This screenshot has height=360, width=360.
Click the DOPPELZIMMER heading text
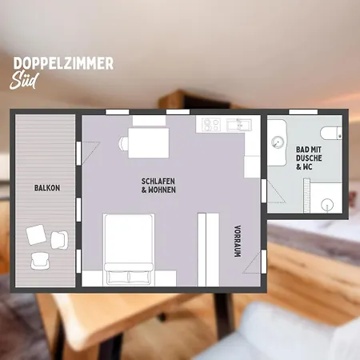[x=63, y=63]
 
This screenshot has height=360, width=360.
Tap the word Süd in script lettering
[x=24, y=80]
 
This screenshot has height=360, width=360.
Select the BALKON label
[x=47, y=188]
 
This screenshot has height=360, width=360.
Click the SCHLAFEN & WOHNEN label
[x=158, y=186]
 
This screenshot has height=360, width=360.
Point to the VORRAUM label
[x=238, y=242]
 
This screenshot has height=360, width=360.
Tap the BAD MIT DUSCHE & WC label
[x=309, y=158]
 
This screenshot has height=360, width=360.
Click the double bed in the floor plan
[x=129, y=250]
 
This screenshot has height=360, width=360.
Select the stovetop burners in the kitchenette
[x=211, y=125]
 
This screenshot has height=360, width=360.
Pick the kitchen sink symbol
[x=239, y=125]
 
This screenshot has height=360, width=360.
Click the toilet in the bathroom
[x=331, y=133]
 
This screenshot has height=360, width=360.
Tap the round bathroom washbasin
[x=278, y=142]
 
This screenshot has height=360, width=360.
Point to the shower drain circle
[x=327, y=206]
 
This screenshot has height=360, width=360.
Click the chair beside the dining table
[x=124, y=143]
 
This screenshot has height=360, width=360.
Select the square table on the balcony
[x=36, y=234]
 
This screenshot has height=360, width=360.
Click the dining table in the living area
[x=149, y=143]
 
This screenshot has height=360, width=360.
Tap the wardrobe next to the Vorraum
[x=208, y=250]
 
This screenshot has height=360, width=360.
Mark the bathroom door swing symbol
[x=276, y=191]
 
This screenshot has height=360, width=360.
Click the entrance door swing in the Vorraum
[x=251, y=262]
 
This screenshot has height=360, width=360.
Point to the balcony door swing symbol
[x=91, y=153]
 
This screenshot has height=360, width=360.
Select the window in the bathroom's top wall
[x=303, y=112]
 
